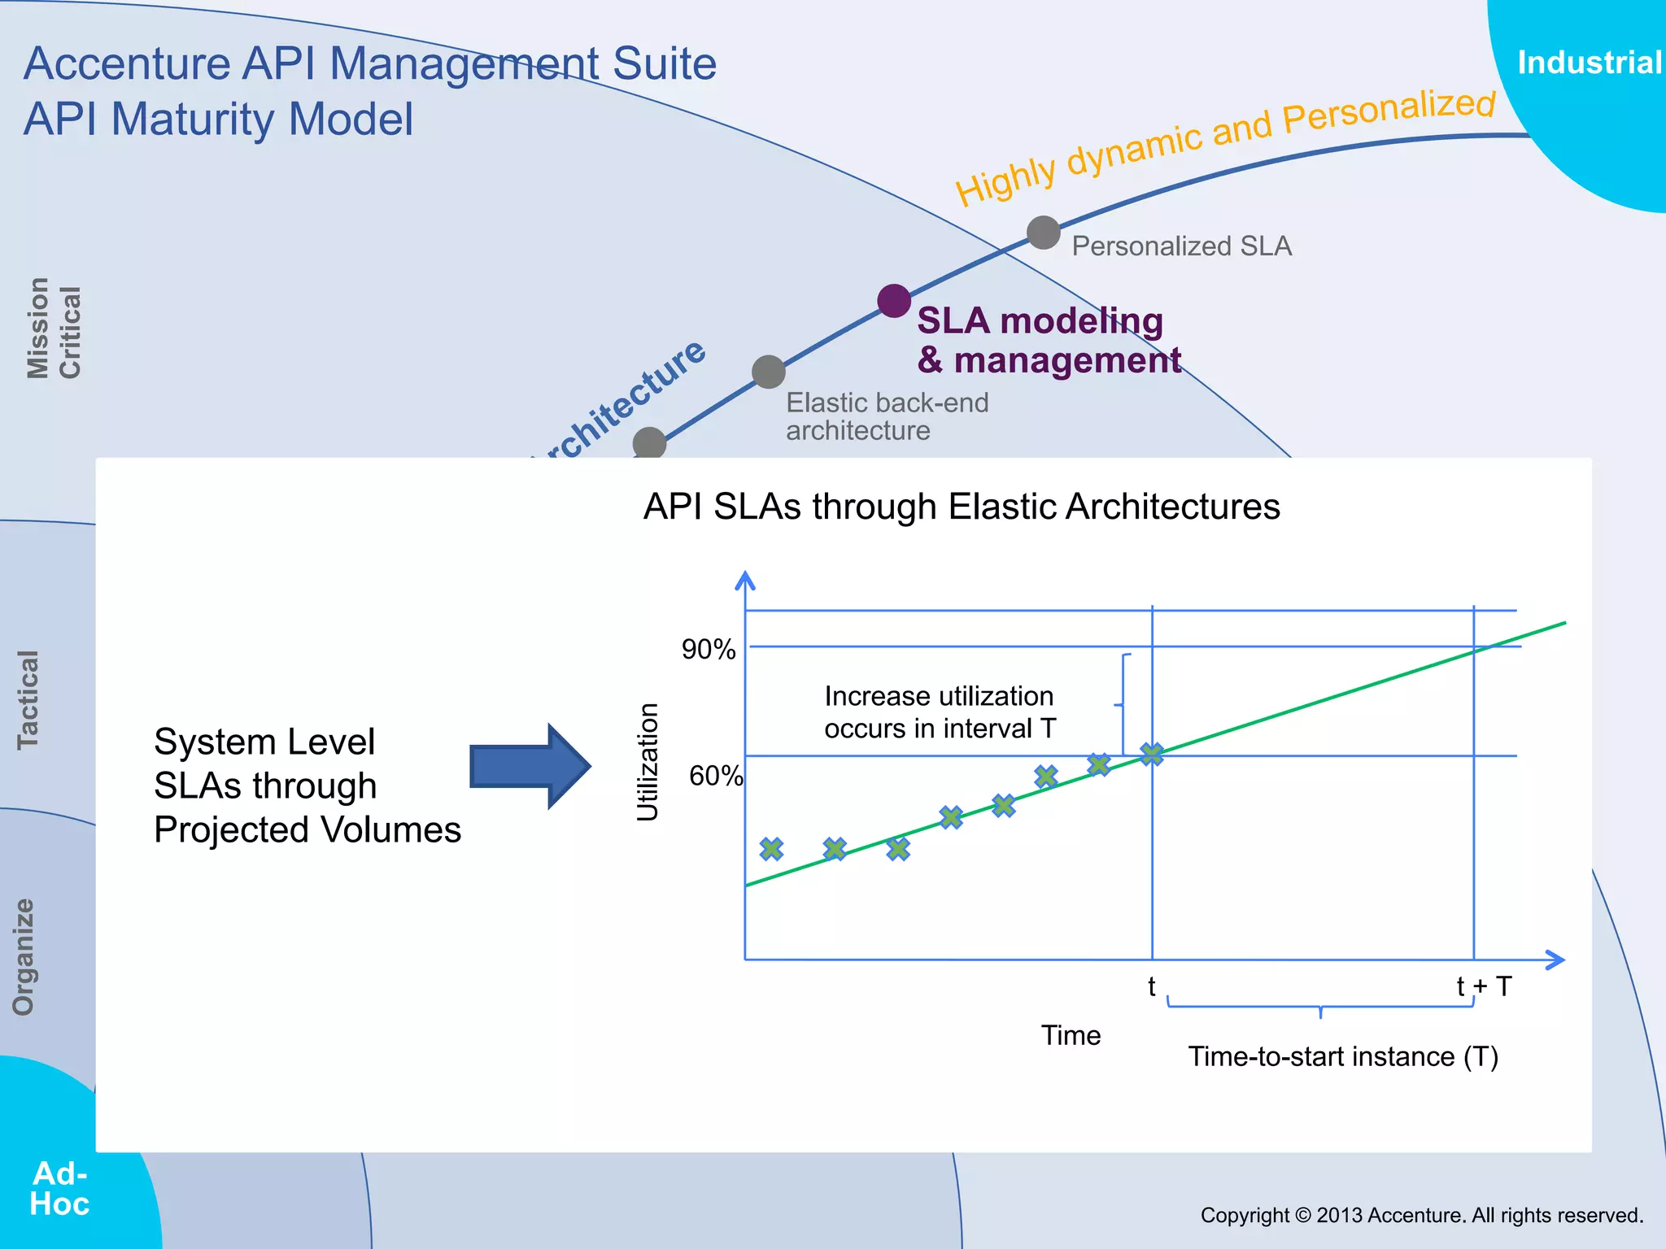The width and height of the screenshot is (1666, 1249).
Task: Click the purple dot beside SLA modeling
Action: pyautogui.click(x=894, y=301)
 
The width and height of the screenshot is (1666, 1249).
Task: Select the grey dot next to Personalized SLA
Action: pyautogui.click(x=1043, y=233)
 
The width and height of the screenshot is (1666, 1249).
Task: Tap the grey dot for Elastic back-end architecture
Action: pyautogui.click(x=768, y=372)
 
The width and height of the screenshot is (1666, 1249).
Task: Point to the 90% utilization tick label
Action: pyautogui.click(x=708, y=650)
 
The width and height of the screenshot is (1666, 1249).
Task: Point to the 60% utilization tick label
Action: pyautogui.click(x=715, y=776)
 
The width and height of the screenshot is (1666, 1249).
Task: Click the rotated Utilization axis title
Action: pyautogui.click(x=648, y=762)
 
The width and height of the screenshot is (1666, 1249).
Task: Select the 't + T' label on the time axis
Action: pyautogui.click(x=1483, y=986)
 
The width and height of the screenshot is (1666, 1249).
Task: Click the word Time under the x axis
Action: pyautogui.click(x=1071, y=1035)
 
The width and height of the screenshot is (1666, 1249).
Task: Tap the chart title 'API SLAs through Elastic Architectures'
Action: pyautogui.click(x=962, y=507)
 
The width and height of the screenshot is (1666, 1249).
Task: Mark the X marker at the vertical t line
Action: pyautogui.click(x=1151, y=755)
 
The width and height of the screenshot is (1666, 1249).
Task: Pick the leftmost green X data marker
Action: pyautogui.click(x=771, y=849)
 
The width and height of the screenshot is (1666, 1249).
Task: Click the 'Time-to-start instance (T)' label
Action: pyautogui.click(x=1342, y=1056)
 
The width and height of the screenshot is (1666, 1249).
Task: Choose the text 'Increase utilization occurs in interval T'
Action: pyautogui.click(x=940, y=712)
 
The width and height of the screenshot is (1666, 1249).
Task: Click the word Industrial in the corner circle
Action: pyautogui.click(x=1589, y=63)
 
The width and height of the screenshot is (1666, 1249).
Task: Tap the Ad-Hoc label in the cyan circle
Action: pyautogui.click(x=59, y=1188)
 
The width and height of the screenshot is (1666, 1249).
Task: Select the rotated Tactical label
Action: pyautogui.click(x=28, y=699)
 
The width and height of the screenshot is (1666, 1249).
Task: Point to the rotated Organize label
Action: pyautogui.click(x=24, y=956)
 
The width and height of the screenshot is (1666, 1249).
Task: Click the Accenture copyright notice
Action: pyautogui.click(x=1421, y=1215)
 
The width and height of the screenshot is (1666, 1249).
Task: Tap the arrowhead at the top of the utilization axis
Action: pyautogui.click(x=745, y=579)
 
